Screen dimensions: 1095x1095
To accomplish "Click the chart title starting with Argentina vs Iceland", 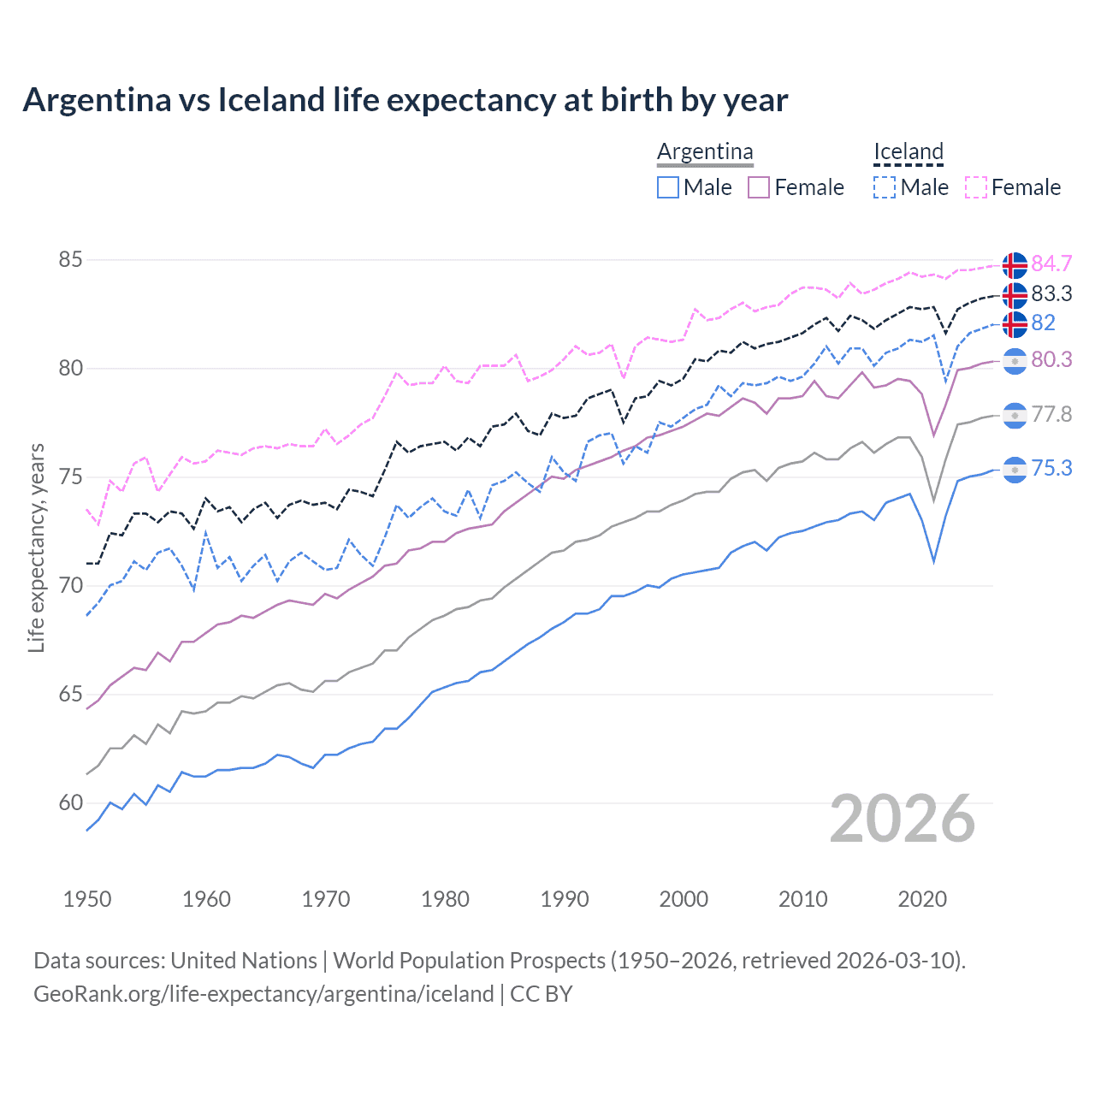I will coord(405,100).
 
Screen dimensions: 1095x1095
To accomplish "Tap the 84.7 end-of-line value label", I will coord(1051,263).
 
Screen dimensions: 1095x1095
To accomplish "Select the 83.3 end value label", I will coord(1051,294).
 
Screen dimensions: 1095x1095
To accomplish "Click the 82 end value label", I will coord(1043,323).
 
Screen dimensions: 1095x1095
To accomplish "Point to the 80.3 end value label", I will coord(1051,360).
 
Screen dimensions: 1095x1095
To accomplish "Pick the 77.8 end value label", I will coord(1051,415).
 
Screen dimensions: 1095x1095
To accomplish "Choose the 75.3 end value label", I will coord(1051,469).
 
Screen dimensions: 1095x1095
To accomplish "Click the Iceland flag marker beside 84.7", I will coord(1015,265).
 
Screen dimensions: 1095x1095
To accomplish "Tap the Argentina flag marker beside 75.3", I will coord(1015,470).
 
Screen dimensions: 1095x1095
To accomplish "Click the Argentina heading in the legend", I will coord(705,152).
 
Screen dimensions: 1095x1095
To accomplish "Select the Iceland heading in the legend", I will coord(908,152).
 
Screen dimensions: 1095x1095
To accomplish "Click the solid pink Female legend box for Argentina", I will coord(760,187).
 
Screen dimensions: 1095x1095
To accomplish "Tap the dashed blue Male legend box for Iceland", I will coord(885,187).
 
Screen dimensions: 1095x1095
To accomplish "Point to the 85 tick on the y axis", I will coord(70,260).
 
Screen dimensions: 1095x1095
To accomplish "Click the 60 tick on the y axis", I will coord(70,803).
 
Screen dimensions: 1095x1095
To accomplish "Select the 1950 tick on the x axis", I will coord(87,899).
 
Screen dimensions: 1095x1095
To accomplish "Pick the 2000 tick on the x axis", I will coord(684,899).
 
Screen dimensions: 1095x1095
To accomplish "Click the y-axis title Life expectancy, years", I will coord(36,547).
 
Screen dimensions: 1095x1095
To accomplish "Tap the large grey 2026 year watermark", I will coord(902,819).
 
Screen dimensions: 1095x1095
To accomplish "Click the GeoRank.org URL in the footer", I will coord(263,994).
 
